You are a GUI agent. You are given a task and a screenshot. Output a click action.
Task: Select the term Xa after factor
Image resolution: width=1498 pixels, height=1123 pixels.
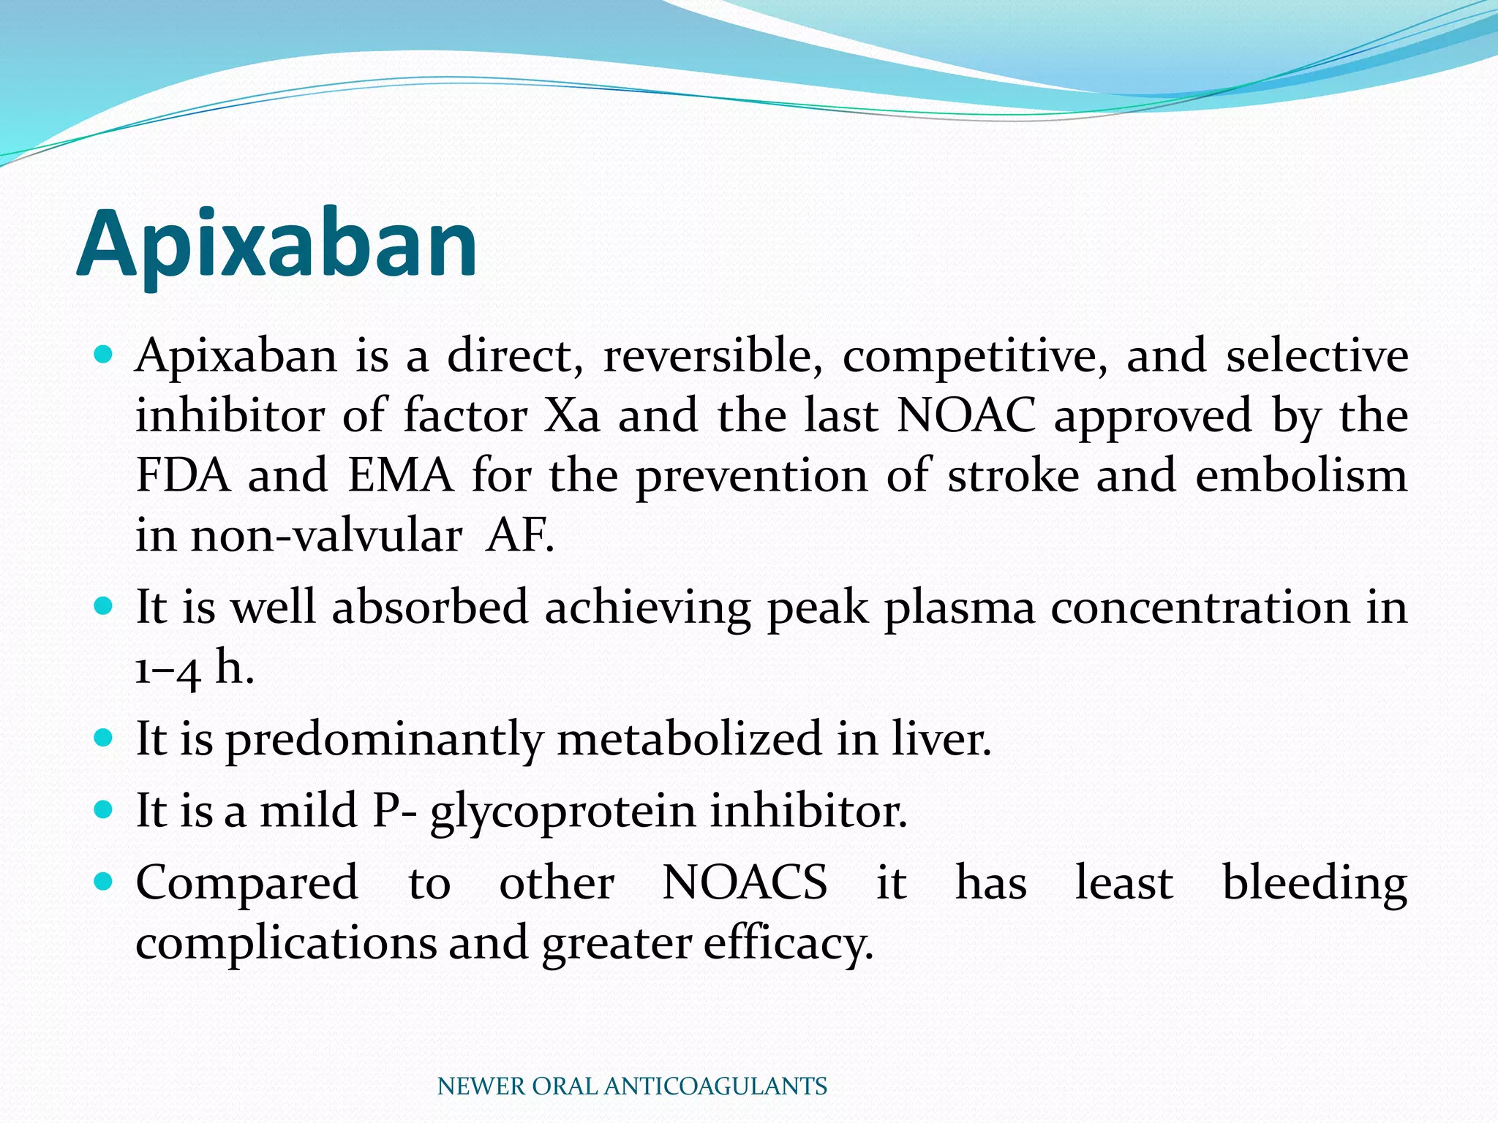(x=572, y=416)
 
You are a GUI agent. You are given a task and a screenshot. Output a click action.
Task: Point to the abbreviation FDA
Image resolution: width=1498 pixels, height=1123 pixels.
(x=183, y=476)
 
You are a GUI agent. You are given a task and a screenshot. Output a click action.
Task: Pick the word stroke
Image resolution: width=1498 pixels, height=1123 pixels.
(x=1013, y=476)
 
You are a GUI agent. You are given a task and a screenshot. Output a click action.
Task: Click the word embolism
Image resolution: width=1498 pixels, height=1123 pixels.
(x=1301, y=476)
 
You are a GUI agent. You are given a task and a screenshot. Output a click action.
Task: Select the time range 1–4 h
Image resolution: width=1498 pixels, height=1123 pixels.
(x=195, y=668)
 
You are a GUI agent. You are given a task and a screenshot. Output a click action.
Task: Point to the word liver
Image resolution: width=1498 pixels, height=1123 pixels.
(x=941, y=738)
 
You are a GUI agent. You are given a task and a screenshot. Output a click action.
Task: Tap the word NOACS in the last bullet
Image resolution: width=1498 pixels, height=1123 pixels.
(x=745, y=882)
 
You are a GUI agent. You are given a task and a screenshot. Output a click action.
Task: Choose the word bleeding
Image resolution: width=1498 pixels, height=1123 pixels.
(x=1314, y=882)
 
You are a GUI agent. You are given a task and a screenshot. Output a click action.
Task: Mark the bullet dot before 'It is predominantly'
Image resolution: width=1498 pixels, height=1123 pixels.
(x=104, y=737)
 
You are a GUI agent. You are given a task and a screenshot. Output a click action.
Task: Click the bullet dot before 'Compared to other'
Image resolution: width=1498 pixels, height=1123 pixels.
(x=104, y=881)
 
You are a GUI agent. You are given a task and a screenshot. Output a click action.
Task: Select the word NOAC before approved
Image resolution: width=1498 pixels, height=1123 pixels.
(x=966, y=416)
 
